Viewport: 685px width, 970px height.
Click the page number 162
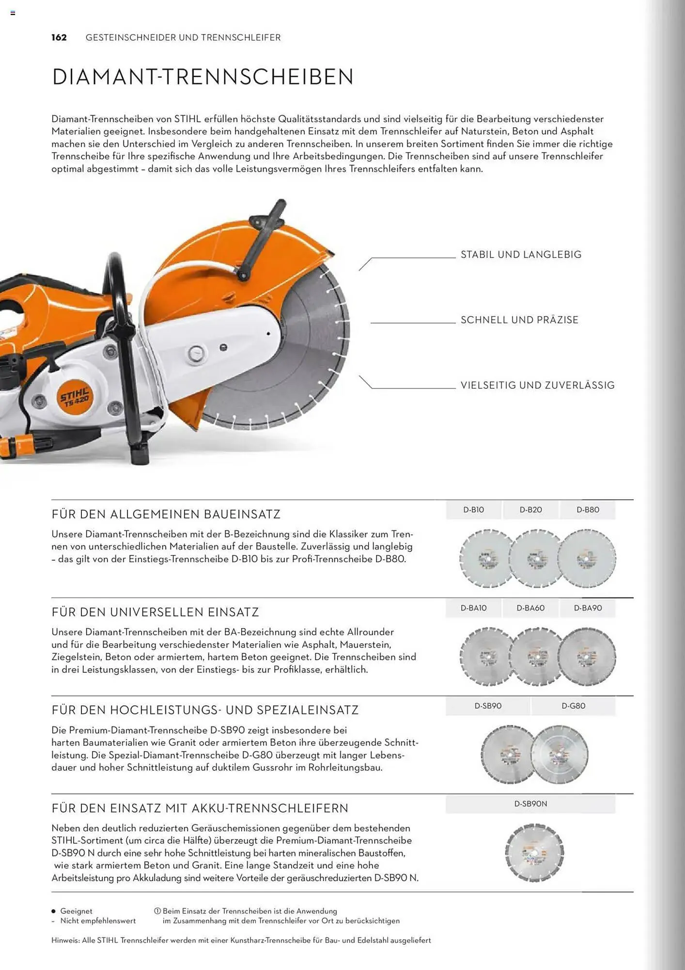(59, 38)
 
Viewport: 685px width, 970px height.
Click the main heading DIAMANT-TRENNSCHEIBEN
(202, 77)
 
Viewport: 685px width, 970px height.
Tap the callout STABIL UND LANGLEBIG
(521, 255)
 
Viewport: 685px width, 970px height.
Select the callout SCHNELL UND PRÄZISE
(519, 320)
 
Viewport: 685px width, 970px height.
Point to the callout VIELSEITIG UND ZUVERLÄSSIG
(537, 386)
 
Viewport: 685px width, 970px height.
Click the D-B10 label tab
(473, 510)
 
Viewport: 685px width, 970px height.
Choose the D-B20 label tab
(530, 510)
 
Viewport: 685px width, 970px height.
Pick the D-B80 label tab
(588, 510)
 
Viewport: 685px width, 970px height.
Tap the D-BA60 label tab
(530, 608)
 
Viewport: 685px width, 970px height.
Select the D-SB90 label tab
(488, 706)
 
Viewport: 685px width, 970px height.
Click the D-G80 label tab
(573, 706)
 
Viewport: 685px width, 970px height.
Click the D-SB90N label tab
(530, 804)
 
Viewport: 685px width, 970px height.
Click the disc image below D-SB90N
(534, 853)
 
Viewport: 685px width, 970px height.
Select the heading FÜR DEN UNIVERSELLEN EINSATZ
(155, 613)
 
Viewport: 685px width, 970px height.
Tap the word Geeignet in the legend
(76, 911)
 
